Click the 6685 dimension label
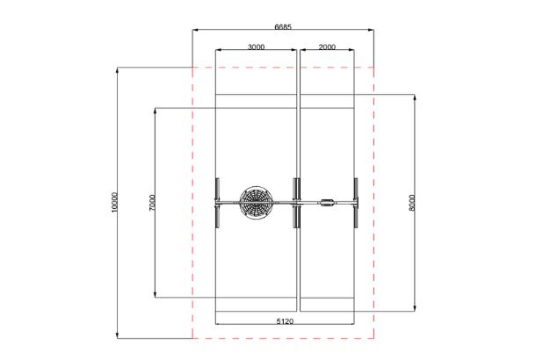coord(283,26)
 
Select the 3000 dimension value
coord(256,47)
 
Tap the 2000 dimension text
coord(327,47)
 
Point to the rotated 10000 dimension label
coord(114,202)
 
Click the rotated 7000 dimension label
coord(152,203)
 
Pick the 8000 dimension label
coord(412,203)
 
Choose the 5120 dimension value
coord(285,321)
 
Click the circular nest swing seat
coord(257,203)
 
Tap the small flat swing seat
coord(328,203)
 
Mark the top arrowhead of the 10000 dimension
coord(117,70)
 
